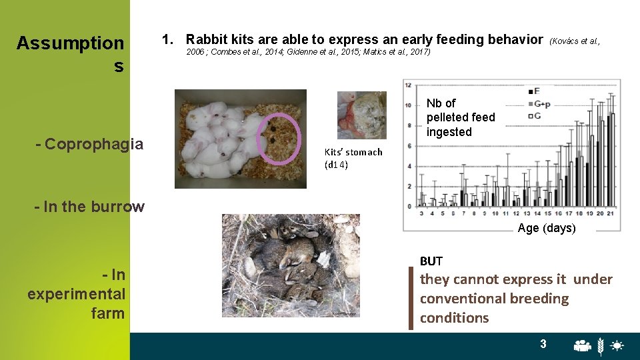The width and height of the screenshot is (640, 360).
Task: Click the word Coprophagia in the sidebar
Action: click(93, 144)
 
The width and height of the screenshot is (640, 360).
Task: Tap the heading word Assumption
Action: click(70, 43)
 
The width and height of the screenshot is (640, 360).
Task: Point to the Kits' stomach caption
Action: click(353, 158)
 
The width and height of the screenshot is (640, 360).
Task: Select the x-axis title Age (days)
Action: click(547, 229)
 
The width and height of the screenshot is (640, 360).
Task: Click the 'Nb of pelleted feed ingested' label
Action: click(461, 117)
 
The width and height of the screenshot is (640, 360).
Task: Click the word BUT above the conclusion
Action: click(431, 261)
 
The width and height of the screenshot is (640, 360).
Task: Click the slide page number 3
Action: click(543, 344)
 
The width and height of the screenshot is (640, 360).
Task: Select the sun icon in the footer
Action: click(617, 345)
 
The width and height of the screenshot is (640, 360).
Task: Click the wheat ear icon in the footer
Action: click(601, 345)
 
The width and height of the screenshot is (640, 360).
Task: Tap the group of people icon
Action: click(583, 345)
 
